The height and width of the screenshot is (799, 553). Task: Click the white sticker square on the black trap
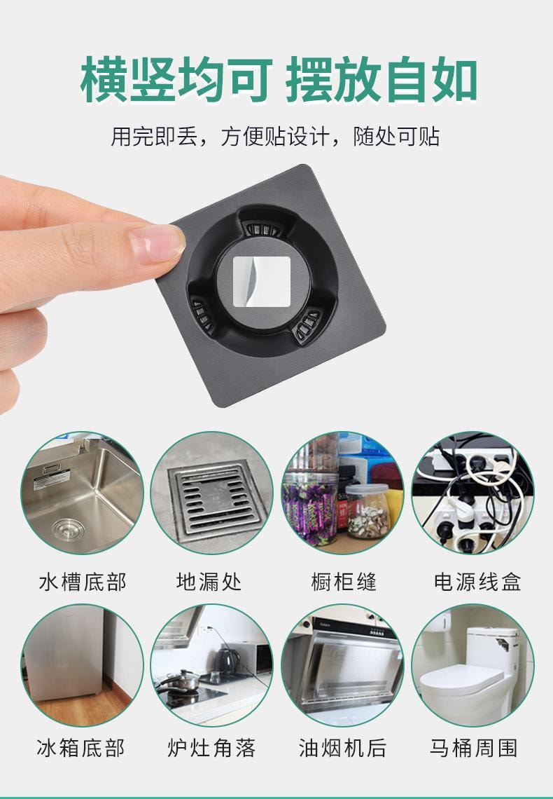click(262, 281)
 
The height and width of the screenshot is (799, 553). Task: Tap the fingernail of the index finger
click(157, 244)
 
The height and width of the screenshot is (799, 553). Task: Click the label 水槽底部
click(83, 582)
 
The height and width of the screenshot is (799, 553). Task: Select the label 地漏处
click(209, 582)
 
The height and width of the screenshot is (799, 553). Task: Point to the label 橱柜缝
click(344, 582)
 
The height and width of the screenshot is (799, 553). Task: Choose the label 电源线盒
click(477, 582)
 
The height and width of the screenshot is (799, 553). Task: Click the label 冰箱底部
click(81, 748)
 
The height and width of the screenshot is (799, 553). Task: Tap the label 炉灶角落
click(211, 748)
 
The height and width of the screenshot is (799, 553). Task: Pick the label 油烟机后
click(342, 748)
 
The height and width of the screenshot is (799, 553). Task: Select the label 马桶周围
click(474, 748)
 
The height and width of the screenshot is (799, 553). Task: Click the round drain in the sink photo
click(68, 529)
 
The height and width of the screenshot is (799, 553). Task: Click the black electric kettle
click(226, 661)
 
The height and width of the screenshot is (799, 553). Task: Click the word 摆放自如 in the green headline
click(381, 80)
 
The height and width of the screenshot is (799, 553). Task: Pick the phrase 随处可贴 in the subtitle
click(397, 137)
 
